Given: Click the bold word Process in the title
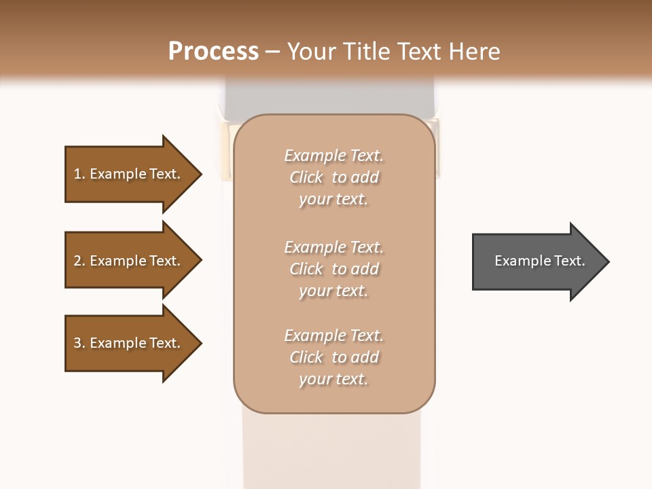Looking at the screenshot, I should coord(213,52).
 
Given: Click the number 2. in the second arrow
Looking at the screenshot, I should coord(79,261).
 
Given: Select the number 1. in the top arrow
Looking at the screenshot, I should coord(79,174).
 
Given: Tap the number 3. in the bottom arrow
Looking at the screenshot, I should coord(79,343).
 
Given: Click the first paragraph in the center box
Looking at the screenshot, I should coord(333,177).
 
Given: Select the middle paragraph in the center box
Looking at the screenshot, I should coord(333,269).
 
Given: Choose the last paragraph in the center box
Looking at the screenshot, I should coord(333,357).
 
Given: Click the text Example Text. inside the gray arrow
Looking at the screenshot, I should coord(539,261).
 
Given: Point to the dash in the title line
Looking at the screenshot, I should coord(273,52).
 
